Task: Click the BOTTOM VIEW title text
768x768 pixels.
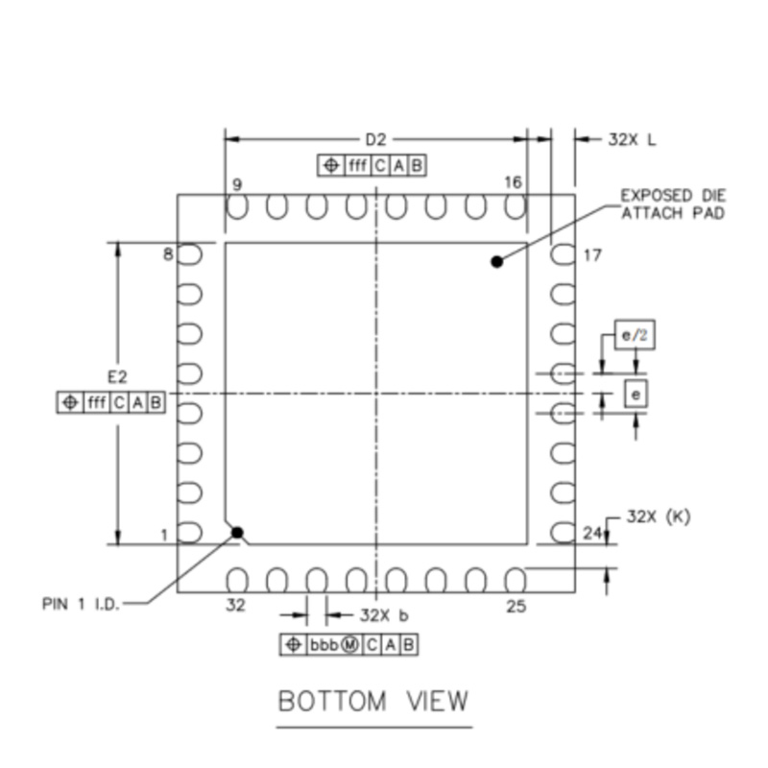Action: (x=373, y=701)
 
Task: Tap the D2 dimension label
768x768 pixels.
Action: (x=375, y=140)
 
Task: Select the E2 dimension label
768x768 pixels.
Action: (x=117, y=376)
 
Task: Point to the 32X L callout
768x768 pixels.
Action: (x=632, y=140)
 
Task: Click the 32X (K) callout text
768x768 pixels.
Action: (x=659, y=516)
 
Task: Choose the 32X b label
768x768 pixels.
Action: (x=384, y=615)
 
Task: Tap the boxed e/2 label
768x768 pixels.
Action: (x=635, y=335)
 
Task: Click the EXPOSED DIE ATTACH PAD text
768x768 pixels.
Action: (x=673, y=204)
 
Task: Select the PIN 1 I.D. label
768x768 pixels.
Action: (x=81, y=604)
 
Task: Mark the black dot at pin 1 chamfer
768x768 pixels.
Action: (x=237, y=533)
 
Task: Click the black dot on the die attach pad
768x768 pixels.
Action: (x=496, y=262)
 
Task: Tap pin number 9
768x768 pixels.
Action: (x=237, y=184)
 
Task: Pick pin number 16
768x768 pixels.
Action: (x=514, y=182)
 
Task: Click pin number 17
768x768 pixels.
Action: (x=592, y=255)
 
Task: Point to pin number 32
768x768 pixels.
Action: (x=235, y=606)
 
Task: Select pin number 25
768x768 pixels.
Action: (x=516, y=607)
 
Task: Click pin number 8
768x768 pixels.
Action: (x=168, y=254)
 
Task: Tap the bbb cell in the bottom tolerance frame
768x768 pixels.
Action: (x=324, y=644)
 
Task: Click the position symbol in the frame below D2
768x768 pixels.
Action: (x=331, y=165)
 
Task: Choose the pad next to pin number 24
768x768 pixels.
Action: (x=563, y=533)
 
